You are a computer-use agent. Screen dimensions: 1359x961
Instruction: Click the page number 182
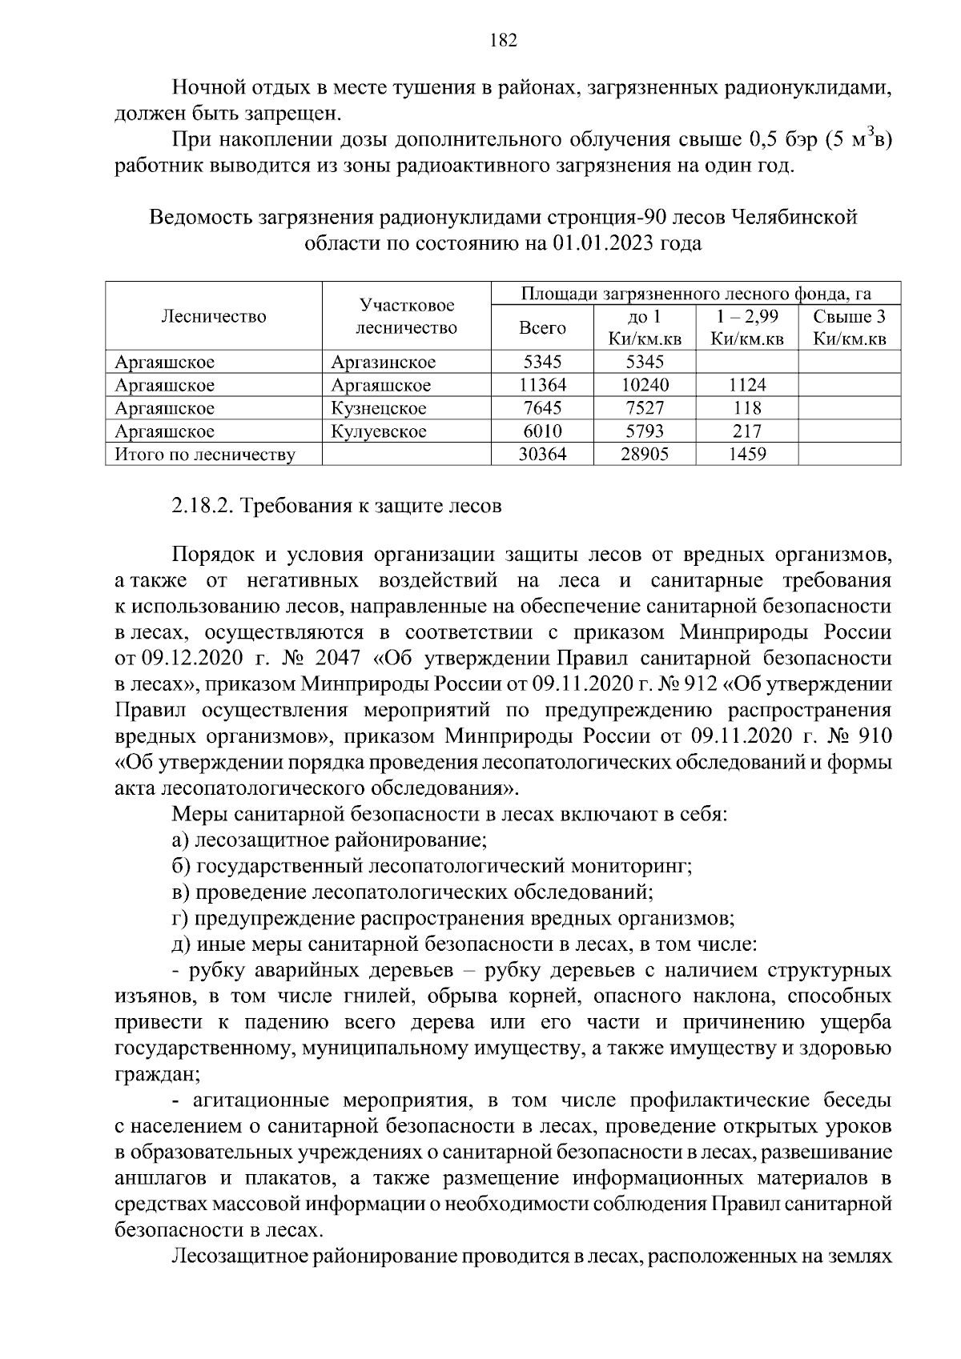click(503, 41)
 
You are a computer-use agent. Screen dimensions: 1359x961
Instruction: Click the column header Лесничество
click(214, 316)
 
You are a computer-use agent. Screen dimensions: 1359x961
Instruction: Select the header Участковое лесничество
click(406, 316)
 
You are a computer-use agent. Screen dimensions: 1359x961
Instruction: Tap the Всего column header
click(542, 327)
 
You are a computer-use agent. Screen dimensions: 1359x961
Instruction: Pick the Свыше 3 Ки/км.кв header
click(850, 327)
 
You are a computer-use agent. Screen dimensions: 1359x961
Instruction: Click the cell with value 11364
click(542, 385)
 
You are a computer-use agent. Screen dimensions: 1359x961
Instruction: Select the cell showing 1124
click(747, 385)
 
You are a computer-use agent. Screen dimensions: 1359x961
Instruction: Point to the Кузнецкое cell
click(379, 408)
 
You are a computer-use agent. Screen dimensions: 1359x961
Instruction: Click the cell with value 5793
click(645, 431)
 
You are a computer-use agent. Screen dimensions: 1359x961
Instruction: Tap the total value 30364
click(542, 455)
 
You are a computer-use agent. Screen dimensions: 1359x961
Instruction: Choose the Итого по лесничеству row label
click(205, 455)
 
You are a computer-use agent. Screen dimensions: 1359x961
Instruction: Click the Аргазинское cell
click(384, 362)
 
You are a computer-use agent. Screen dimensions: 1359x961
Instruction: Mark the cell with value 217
click(747, 431)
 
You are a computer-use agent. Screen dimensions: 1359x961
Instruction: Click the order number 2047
click(340, 659)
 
